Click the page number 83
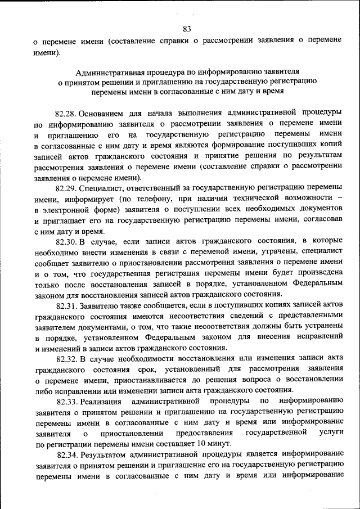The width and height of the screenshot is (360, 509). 187,29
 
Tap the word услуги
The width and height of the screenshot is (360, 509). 331,433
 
